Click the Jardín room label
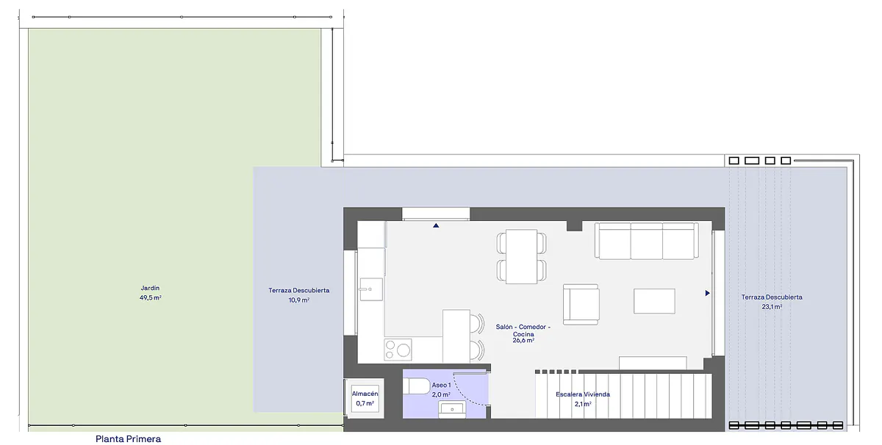point(150,288)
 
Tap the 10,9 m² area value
point(299,300)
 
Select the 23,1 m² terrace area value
point(772,307)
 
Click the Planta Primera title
point(129,438)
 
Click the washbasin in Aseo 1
point(452,410)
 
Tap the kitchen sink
point(371,289)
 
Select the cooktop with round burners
point(398,350)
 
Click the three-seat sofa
point(647,241)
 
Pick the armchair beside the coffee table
point(581,305)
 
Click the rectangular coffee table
point(654,301)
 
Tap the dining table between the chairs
point(521,256)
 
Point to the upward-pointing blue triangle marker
point(436,225)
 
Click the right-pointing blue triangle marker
point(708,293)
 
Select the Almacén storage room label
point(365,394)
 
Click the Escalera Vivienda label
point(583,394)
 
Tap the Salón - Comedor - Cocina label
point(523,330)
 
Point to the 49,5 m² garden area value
point(151,298)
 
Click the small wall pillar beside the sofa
point(575,226)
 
